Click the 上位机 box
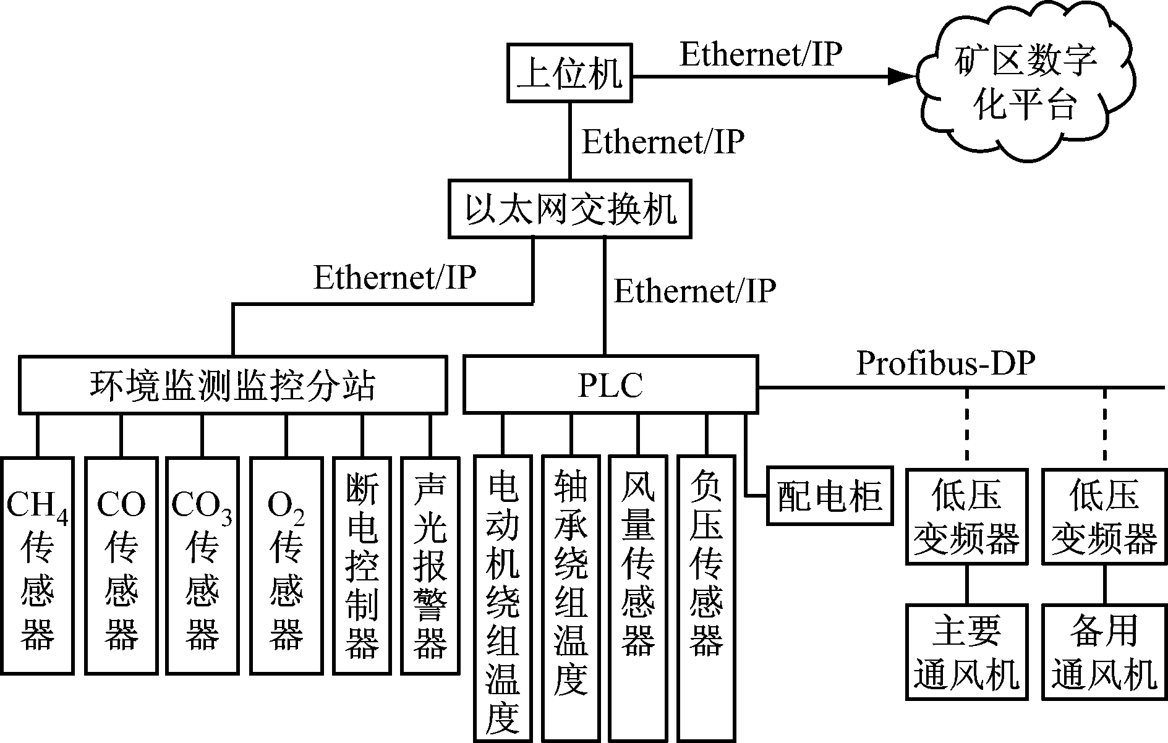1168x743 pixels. pos(569,73)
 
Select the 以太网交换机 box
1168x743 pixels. pos(569,209)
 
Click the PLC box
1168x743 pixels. pos(610,384)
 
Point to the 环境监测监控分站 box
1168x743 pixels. pos(232,384)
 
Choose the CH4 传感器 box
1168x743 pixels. pos(37,565)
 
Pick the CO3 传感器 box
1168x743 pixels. pos(202,565)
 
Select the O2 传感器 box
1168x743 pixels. pos(286,565)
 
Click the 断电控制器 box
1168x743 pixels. pos(362,565)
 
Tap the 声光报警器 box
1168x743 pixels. pos(430,565)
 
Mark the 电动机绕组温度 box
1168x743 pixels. pos(503,598)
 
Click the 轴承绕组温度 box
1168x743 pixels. pos(571,598)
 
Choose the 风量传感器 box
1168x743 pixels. pos(638,598)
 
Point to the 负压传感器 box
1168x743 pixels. pos(706,598)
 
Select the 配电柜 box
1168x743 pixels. pos(830,496)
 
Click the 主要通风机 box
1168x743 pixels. pos(966,652)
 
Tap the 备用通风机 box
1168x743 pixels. pos(1104,652)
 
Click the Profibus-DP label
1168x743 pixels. pos(945,365)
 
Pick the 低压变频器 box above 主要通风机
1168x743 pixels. pos(966,516)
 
